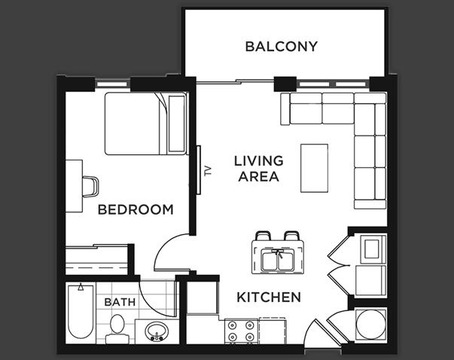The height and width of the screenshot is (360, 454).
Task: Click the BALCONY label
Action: (x=281, y=47)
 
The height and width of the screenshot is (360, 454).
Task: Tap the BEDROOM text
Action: (x=136, y=209)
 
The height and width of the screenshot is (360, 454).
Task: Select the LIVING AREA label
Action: (x=258, y=169)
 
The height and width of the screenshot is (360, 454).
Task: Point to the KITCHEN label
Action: (x=269, y=297)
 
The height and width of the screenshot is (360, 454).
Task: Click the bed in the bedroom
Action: (x=143, y=122)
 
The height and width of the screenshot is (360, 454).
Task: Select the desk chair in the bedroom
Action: (x=90, y=185)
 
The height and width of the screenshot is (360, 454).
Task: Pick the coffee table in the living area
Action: (x=315, y=168)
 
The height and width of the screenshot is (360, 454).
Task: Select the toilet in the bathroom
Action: (x=116, y=327)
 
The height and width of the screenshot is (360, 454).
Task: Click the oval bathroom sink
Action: (x=157, y=332)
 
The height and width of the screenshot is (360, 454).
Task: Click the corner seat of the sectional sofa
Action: (x=368, y=111)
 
